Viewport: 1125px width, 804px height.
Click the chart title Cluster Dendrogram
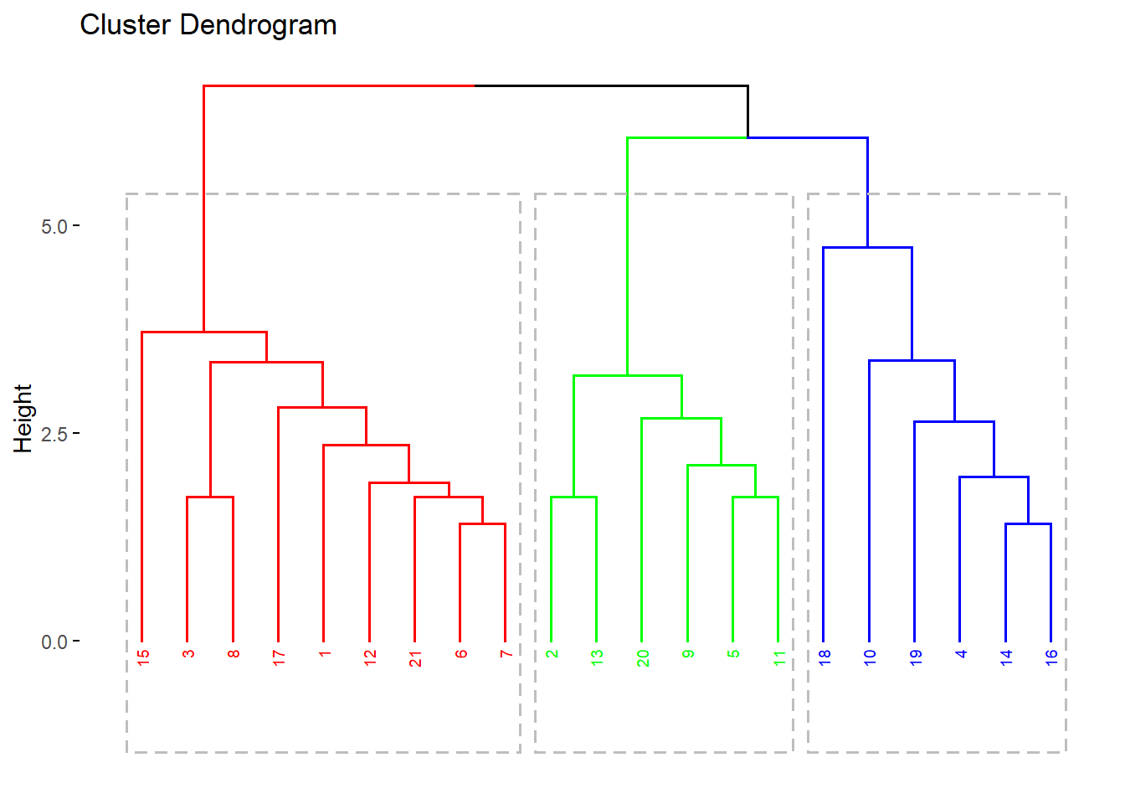coord(208,25)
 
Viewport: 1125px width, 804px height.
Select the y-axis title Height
coord(23,419)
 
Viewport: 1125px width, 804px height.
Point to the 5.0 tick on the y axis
coord(54,226)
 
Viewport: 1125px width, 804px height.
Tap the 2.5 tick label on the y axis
coord(54,434)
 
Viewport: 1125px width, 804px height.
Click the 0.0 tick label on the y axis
coord(54,642)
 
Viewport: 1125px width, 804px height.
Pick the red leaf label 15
coord(143,658)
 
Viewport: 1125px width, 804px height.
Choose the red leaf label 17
coord(279,658)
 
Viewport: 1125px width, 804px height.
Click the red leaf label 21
coord(415,658)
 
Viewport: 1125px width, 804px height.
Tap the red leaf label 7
coord(506,653)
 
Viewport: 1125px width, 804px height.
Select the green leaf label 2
coord(552,653)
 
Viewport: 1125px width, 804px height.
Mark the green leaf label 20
coord(643,658)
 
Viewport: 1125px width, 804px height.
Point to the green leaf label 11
coord(779,658)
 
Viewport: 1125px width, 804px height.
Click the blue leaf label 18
coord(824,658)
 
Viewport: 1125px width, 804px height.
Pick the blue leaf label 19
coord(916,658)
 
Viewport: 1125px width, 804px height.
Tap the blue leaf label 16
coord(1051,658)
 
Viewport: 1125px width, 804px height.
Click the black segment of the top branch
coord(611,85)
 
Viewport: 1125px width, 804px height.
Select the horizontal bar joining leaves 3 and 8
coord(210,497)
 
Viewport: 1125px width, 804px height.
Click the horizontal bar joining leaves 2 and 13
coord(573,497)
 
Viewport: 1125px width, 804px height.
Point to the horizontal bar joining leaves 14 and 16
coord(1028,523)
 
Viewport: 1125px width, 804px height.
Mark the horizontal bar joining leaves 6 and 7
coord(482,523)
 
